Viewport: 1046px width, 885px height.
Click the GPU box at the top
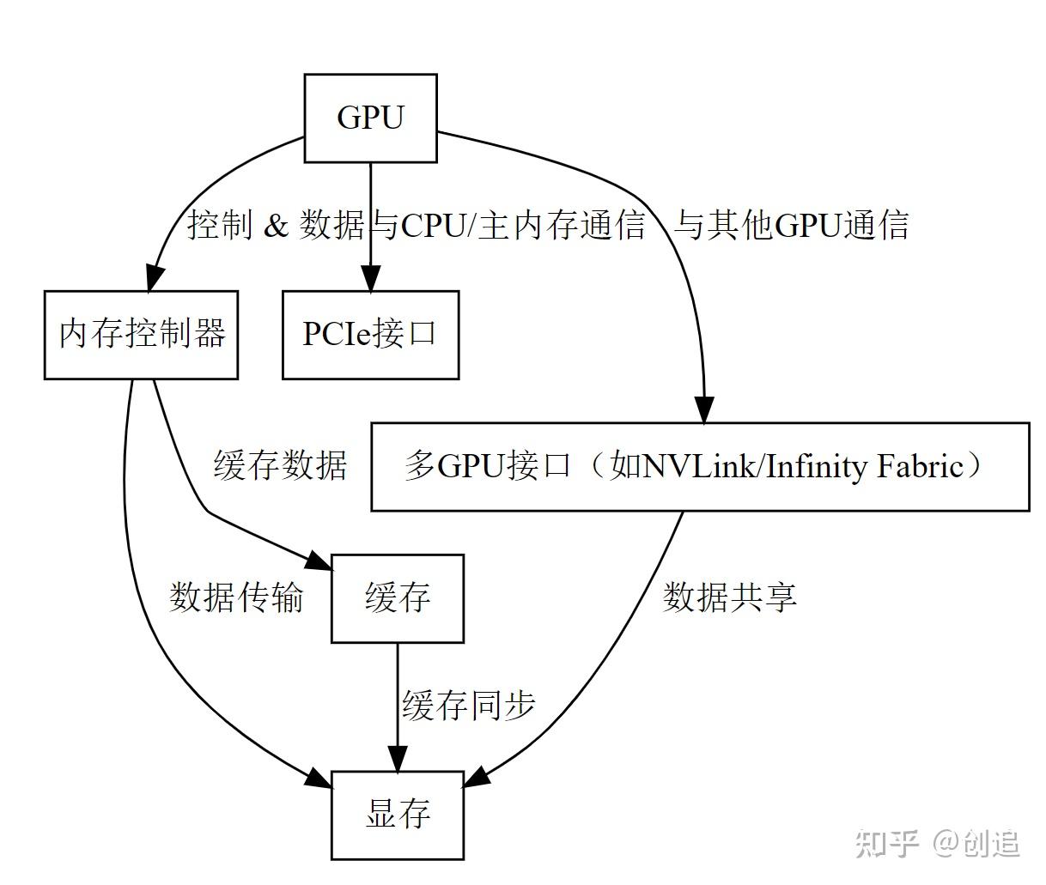(x=370, y=118)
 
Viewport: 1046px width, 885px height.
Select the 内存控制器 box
(x=141, y=334)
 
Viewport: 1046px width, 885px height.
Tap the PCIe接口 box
(x=370, y=334)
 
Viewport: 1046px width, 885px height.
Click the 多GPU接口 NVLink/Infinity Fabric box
(x=700, y=467)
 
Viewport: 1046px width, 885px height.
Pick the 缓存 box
(x=398, y=597)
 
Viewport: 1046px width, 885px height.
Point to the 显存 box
(x=398, y=815)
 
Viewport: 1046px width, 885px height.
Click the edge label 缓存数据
(x=280, y=465)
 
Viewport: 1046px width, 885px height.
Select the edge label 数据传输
(x=236, y=597)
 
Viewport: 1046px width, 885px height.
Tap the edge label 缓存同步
(x=469, y=706)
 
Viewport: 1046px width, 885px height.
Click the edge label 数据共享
(x=730, y=597)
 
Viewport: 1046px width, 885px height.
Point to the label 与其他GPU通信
(x=791, y=225)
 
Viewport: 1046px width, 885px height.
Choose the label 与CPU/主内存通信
(x=507, y=225)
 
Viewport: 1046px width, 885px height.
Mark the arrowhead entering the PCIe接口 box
(x=370, y=279)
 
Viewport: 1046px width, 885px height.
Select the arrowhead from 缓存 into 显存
(x=398, y=759)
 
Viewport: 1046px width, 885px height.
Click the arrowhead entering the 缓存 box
(x=319, y=561)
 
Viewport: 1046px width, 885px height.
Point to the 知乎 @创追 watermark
(x=938, y=843)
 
